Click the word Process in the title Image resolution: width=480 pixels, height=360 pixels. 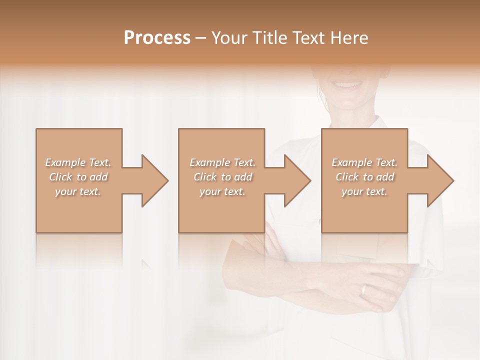coord(157,37)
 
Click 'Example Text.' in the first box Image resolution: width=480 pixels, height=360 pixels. coord(78,162)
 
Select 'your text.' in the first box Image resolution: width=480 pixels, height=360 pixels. coord(78,191)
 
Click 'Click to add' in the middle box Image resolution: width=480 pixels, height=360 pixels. coord(222,177)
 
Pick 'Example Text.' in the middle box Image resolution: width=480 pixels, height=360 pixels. coord(222,162)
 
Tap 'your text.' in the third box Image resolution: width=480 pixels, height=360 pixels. coord(364,191)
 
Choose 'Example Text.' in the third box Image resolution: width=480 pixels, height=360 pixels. coord(364,162)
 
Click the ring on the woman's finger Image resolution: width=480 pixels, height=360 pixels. coord(364,289)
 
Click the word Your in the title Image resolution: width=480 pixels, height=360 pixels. coord(227,37)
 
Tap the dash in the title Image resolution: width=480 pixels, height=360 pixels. coord(201,38)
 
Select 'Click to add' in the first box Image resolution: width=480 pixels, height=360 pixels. coord(78,177)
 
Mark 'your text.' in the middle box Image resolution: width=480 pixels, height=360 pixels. coord(222,191)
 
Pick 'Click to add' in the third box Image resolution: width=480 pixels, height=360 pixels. coord(364,177)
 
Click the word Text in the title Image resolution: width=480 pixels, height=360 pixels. coord(305,37)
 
